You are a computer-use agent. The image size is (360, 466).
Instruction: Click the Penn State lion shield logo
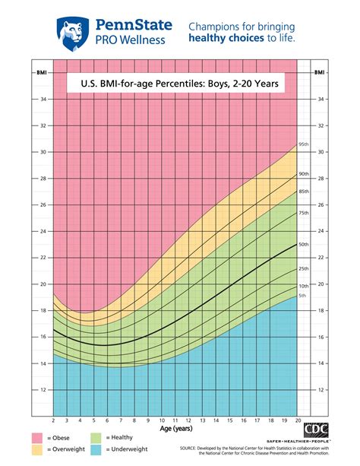pos(72,31)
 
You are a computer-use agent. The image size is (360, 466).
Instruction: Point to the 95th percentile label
pos(304,144)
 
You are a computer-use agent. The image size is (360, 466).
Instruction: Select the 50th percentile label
pos(304,244)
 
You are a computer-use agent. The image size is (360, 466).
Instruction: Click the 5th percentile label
pos(302,295)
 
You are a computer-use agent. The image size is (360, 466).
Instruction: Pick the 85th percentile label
pos(304,191)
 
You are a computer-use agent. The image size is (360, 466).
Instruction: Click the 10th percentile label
pos(304,285)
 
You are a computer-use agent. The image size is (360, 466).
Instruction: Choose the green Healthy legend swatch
pos(96,438)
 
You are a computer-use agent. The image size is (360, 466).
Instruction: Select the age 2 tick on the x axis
pos(52,420)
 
